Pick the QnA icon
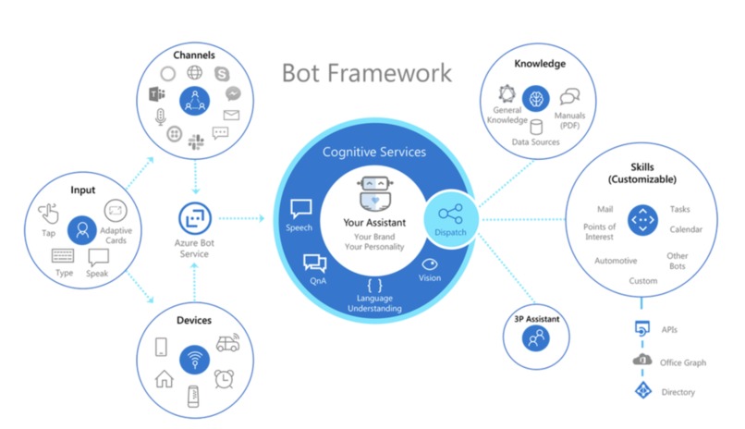pyautogui.click(x=314, y=264)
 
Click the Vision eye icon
pyautogui.click(x=430, y=264)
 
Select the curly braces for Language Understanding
pyautogui.click(x=374, y=285)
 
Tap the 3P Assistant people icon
pyautogui.click(x=536, y=340)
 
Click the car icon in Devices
pyautogui.click(x=227, y=343)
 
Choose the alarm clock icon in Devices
pyautogui.click(x=223, y=376)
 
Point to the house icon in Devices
pyautogui.click(x=164, y=377)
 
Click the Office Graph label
pyautogui.click(x=684, y=362)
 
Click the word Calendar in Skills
pyautogui.click(x=685, y=229)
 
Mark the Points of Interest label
pyautogui.click(x=600, y=231)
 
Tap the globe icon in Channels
pyautogui.click(x=194, y=73)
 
